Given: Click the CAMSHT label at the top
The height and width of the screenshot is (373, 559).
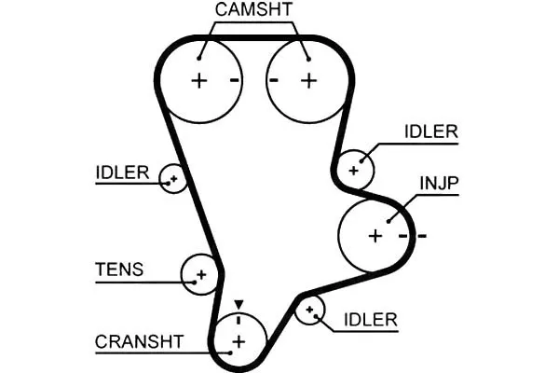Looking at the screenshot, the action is tap(253, 9).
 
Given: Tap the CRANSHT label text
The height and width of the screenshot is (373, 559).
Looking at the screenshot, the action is tap(139, 341).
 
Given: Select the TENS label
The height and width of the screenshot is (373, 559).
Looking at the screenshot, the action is tap(119, 269).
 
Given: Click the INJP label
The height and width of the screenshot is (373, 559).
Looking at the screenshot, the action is tap(439, 183).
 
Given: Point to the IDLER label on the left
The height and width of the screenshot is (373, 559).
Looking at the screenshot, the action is tap(122, 173).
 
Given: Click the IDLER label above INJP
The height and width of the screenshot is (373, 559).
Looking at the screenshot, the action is tap(431, 131).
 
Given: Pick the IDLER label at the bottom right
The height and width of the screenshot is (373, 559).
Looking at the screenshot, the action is tap(371, 320).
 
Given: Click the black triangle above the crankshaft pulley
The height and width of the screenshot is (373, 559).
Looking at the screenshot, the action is tap(239, 305).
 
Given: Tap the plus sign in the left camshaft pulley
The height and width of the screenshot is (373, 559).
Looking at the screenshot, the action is tap(199, 81).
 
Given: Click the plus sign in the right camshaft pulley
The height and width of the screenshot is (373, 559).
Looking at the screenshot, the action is tap(308, 81).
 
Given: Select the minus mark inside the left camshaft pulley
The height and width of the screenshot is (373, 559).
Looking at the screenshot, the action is tap(234, 80).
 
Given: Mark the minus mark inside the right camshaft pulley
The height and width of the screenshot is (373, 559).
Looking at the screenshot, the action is tap(273, 80).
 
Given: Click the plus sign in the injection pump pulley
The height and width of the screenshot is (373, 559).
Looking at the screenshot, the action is tap(375, 236).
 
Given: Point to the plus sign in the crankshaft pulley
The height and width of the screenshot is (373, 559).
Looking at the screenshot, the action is tap(239, 342).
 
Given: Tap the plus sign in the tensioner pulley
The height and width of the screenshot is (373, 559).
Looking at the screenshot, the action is tap(201, 274).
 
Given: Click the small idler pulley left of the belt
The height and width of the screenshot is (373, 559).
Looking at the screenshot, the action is tap(173, 178).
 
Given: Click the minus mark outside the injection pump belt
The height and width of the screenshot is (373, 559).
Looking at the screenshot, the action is tap(422, 236).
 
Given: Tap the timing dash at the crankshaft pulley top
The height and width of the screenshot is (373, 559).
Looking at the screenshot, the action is tap(239, 320).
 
